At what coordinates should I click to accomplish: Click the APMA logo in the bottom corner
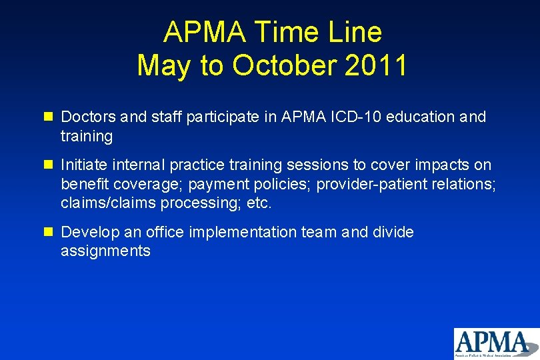tap(495, 343)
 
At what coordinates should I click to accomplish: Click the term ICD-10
tap(360, 117)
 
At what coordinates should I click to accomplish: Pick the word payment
tap(211, 184)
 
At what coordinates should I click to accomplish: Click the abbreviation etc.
tap(259, 203)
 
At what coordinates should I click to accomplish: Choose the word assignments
tap(105, 251)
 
